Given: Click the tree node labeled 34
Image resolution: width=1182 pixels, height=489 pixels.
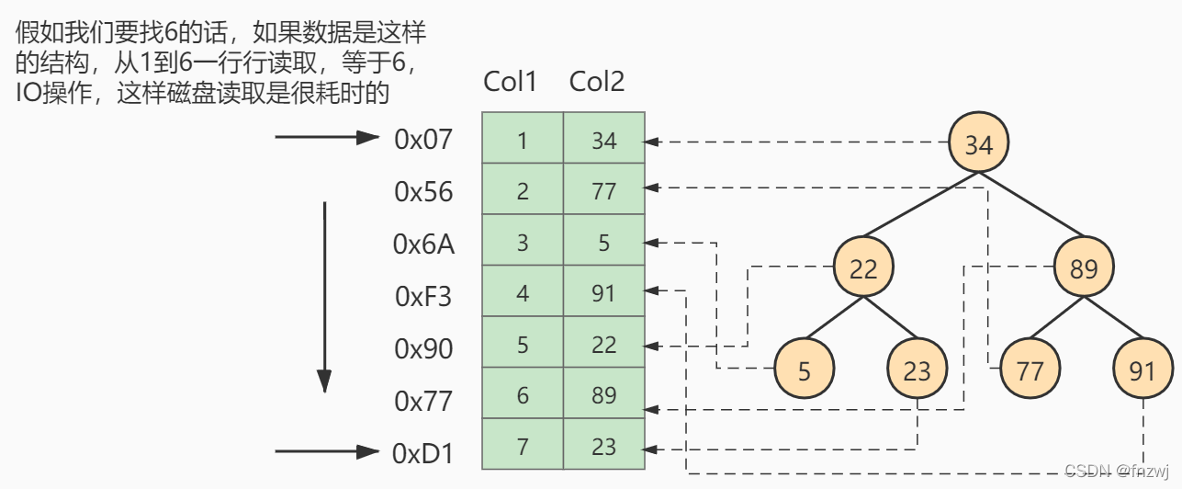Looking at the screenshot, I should coord(979,143).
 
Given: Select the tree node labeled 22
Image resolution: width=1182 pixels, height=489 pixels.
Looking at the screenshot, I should coord(863,268).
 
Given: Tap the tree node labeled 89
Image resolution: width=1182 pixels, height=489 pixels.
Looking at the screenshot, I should coord(1084,268).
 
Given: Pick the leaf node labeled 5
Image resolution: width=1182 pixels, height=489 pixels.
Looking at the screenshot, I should coord(805,370).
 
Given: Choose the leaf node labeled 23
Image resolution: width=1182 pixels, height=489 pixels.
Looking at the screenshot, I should coord(917,370).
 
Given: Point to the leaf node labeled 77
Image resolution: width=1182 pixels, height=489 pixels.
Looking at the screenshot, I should coord(1030,370).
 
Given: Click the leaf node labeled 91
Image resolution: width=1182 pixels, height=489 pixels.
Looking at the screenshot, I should coord(1143,370).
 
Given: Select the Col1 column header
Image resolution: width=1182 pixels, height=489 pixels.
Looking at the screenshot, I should coord(510,82).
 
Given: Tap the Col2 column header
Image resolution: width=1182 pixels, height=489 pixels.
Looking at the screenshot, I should coord(597,82).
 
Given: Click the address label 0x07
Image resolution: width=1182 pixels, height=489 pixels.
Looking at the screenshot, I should coord(423,139).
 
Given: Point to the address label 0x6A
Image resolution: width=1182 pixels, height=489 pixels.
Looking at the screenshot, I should coord(423,244).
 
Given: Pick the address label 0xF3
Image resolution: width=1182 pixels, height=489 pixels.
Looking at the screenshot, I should coord(423,297).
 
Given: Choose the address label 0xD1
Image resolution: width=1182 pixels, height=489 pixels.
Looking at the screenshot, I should coord(423,453).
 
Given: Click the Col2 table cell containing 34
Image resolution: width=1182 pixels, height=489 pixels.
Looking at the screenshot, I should coord(604,141).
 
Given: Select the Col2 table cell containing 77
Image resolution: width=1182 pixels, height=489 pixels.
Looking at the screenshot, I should coord(604,191).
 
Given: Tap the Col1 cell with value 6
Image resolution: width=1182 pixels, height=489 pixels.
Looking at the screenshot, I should coord(523,395).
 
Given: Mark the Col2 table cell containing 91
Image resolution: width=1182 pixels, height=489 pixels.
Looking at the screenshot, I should coord(604,294).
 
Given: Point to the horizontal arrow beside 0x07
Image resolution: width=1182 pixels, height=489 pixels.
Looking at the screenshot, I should coord(327,139).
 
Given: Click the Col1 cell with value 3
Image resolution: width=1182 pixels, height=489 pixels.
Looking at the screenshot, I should coord(523,243).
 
